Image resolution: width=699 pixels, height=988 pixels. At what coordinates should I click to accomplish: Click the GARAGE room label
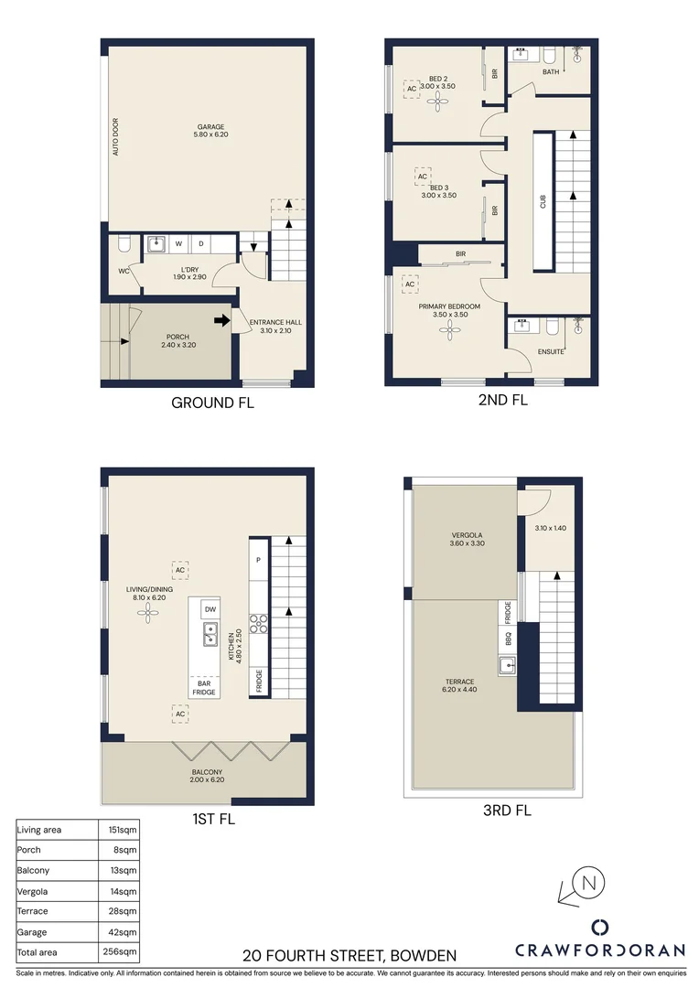210,127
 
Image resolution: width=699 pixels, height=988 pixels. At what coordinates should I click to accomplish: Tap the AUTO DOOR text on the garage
115,136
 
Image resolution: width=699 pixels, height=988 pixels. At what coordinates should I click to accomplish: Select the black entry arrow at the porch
221,320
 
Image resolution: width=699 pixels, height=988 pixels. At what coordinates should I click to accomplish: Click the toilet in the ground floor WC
124,244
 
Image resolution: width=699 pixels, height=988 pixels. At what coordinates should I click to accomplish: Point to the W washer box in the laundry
178,244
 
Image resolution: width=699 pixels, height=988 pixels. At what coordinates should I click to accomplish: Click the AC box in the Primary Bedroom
410,285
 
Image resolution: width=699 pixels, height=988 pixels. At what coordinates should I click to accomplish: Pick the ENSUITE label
551,351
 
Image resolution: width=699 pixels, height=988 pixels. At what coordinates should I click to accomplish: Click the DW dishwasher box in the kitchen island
210,609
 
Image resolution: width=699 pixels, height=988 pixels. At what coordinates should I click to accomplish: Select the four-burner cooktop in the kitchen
259,623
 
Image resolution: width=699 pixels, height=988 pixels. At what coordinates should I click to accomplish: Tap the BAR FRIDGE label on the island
204,687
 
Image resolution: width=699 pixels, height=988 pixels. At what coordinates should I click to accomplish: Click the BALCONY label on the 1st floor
207,772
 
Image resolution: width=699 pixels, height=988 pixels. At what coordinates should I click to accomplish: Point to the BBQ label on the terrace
504,635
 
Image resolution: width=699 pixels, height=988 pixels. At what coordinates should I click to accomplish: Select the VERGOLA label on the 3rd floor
468,535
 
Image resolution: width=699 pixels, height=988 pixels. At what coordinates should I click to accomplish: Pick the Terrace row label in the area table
32,911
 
